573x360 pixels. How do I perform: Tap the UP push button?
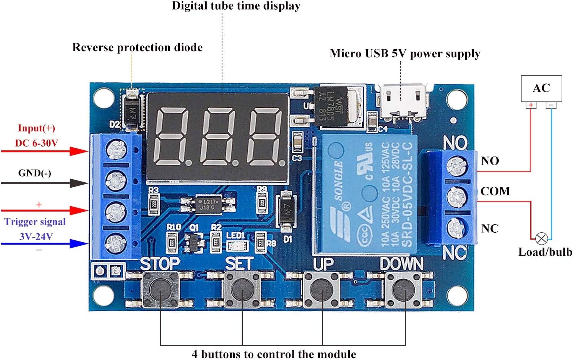point(322,289)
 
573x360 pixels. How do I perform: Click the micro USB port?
point(403,100)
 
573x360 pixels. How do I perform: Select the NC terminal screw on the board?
point(456,228)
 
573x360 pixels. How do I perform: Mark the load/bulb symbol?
point(541,239)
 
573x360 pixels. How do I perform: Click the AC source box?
point(541,88)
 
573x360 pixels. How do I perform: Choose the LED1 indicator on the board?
point(235,245)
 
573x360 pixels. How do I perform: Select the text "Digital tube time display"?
point(236,6)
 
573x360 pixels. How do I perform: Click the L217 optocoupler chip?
point(208,205)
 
